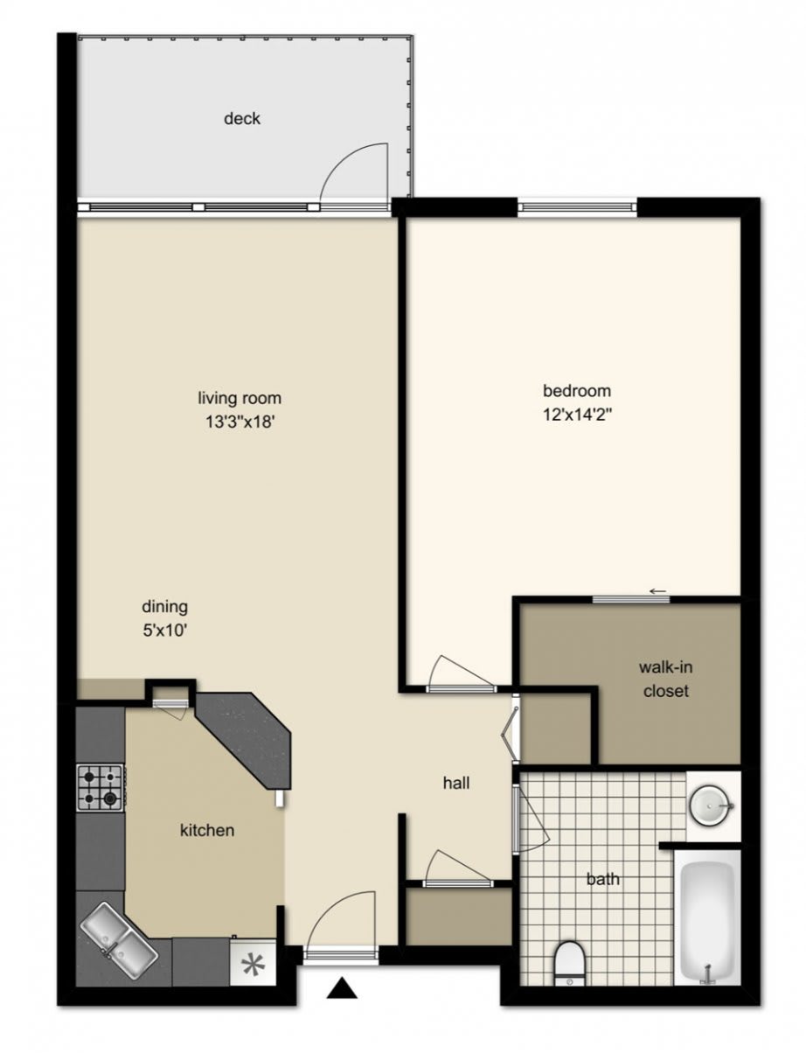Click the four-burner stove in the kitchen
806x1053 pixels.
(100, 787)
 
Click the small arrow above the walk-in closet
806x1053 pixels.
(658, 591)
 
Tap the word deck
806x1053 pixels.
(241, 118)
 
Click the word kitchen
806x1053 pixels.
(206, 830)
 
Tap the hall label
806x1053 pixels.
(456, 784)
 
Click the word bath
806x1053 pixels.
(602, 879)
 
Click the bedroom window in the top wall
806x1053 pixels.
(577, 207)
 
